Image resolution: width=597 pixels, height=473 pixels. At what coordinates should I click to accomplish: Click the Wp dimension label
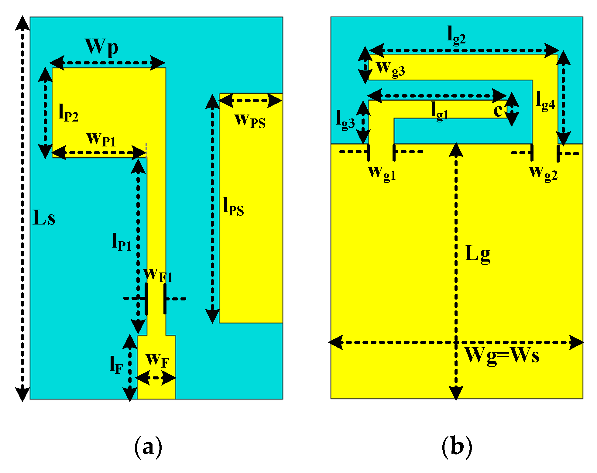click(101, 47)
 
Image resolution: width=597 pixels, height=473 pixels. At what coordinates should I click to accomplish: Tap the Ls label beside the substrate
click(44, 218)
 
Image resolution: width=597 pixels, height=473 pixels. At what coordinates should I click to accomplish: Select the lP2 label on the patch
click(68, 113)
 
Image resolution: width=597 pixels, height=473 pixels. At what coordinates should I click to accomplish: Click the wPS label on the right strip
click(250, 121)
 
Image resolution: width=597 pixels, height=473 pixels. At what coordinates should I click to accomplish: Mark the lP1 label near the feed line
click(122, 242)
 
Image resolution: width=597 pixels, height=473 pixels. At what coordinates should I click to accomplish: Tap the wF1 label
click(158, 275)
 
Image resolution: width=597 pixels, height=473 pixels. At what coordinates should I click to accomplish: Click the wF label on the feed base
click(157, 360)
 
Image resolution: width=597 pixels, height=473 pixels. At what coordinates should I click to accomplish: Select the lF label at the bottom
click(116, 365)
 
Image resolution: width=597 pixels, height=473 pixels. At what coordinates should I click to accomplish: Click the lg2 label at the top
click(457, 36)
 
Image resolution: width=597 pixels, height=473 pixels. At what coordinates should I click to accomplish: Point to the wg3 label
click(391, 69)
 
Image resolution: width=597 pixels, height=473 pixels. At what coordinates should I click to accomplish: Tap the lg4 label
click(545, 101)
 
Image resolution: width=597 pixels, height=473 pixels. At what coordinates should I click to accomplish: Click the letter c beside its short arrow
click(498, 110)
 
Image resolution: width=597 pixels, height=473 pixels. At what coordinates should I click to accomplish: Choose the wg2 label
click(543, 173)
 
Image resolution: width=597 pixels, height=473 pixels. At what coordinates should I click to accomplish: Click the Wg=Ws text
click(502, 355)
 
